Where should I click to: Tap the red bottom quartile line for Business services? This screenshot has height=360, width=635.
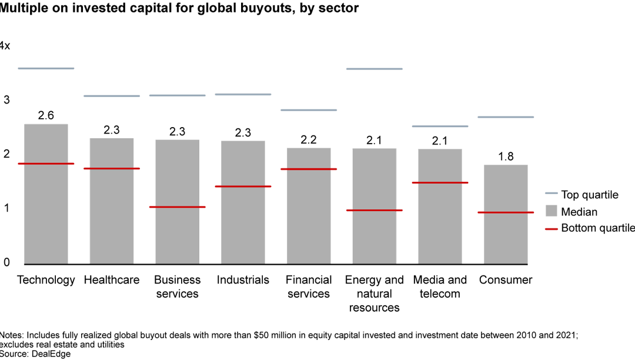click(177, 207)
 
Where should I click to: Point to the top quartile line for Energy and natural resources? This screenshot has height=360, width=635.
click(374, 69)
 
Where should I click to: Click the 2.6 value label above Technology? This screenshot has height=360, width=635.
click(46, 116)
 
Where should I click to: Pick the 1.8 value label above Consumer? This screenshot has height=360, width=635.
click(506, 156)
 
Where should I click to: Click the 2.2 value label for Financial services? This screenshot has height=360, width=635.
click(309, 139)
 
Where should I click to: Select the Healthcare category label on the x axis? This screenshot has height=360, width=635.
click(112, 280)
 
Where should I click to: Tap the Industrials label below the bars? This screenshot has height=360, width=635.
click(243, 280)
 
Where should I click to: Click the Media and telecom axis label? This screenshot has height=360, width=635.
click(440, 286)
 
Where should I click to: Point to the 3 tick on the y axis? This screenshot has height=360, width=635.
click(6, 100)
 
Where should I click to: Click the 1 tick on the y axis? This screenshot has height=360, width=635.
click(6, 208)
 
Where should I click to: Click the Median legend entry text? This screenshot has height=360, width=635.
click(579, 212)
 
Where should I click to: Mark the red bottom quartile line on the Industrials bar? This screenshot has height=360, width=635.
click(243, 186)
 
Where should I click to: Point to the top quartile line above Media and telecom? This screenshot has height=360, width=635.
click(440, 126)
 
